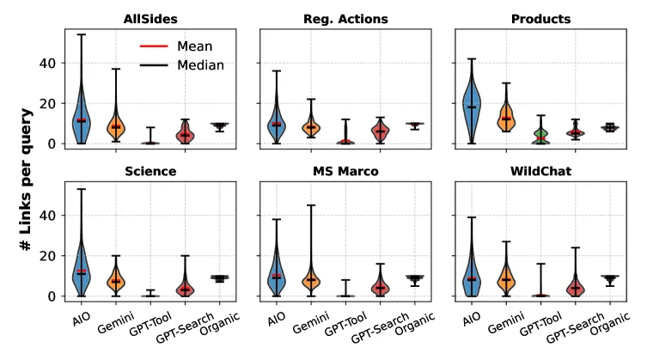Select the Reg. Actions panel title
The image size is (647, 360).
point(345,18)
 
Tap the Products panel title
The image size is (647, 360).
point(540,18)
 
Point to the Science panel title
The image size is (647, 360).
point(151,171)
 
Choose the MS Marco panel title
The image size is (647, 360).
point(345,171)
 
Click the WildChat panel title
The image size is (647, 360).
point(540,171)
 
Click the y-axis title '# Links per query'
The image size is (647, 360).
point(27,180)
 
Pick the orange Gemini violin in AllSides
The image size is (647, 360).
point(116,125)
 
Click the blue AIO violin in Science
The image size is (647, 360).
point(82,271)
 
